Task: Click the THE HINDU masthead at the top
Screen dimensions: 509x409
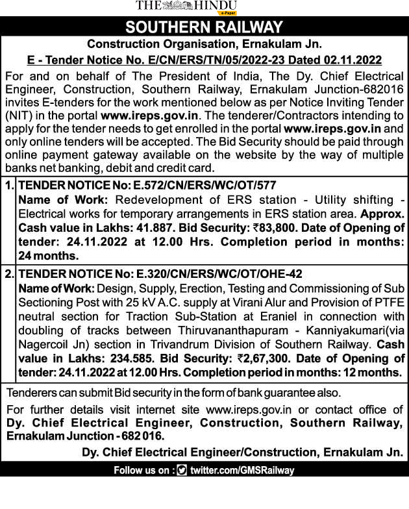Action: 186,6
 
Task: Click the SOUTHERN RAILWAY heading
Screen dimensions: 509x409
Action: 204,27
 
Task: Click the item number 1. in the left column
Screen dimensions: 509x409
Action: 9,185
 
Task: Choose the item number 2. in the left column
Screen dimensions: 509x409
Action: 9,275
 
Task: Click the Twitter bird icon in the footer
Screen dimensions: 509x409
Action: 181,471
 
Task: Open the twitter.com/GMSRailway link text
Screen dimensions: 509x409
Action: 242,471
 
